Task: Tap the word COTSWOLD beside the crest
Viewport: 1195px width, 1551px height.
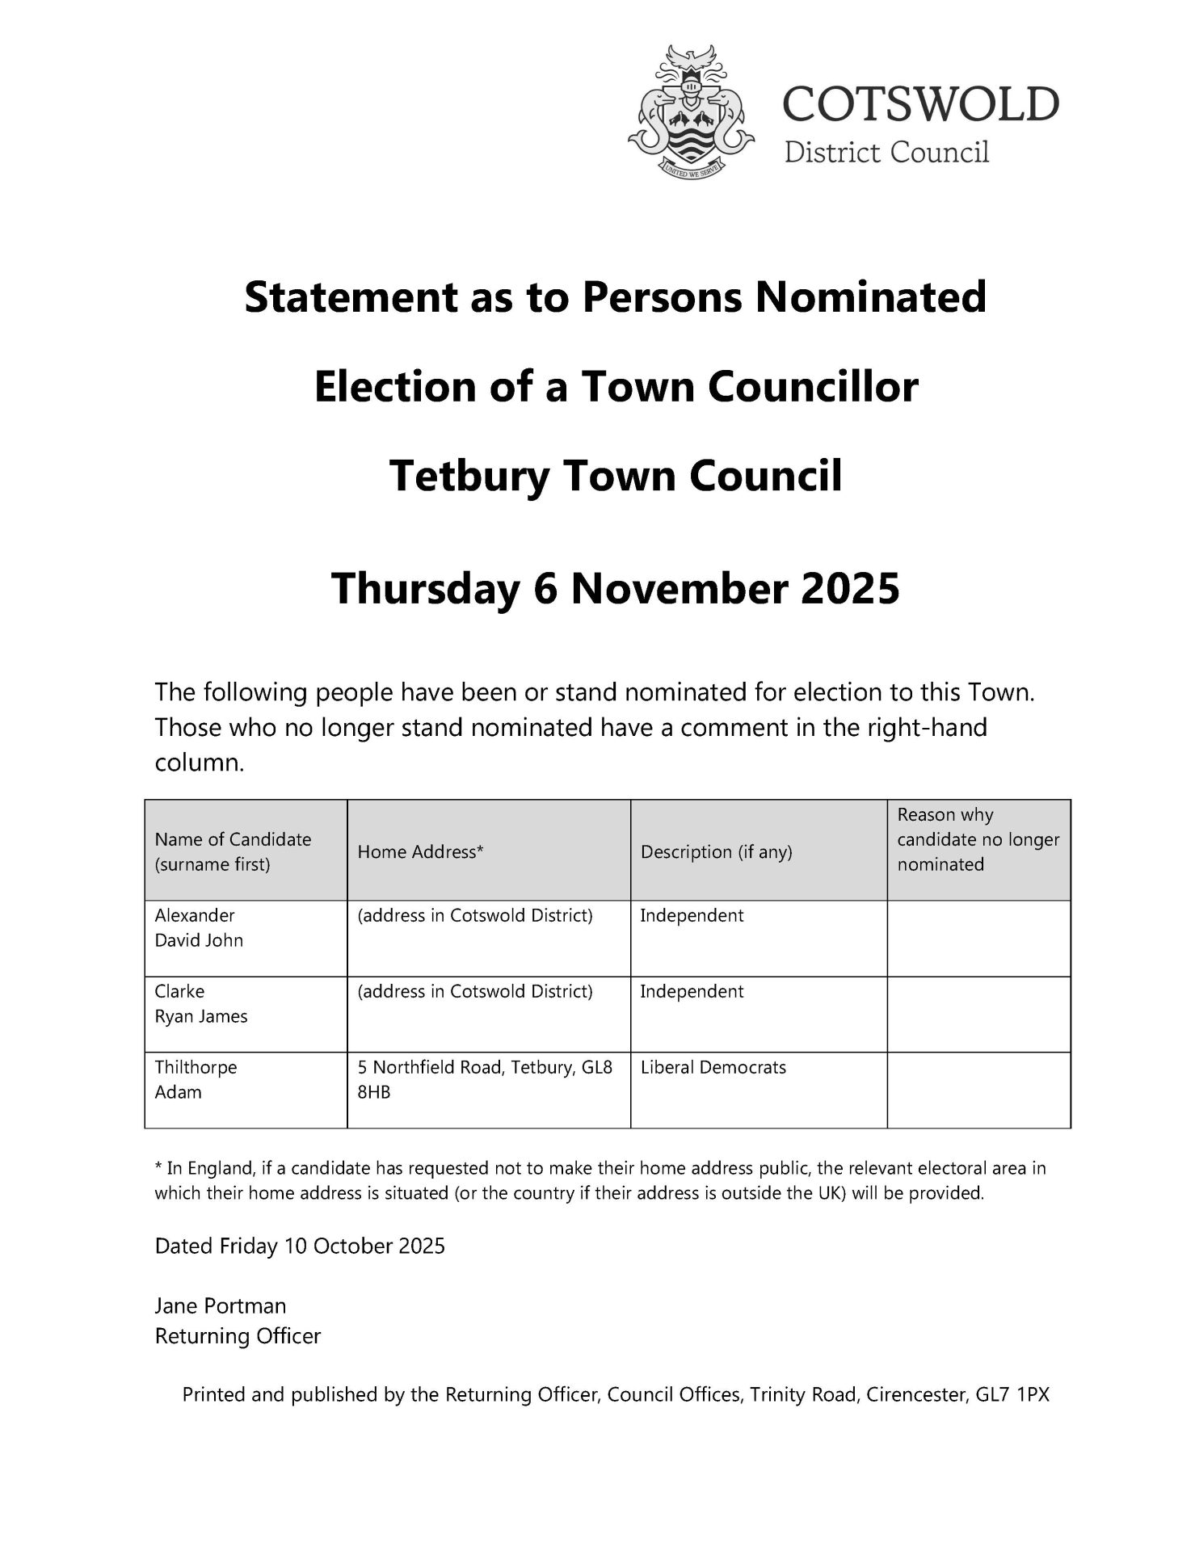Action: pyautogui.click(x=920, y=104)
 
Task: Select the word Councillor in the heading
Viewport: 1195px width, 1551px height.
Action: pyautogui.click(x=813, y=386)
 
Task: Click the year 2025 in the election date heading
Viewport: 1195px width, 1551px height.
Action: pyautogui.click(x=850, y=588)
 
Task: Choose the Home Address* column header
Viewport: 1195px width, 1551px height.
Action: pyautogui.click(x=420, y=851)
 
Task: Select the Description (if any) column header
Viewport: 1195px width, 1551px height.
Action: pyautogui.click(x=716, y=851)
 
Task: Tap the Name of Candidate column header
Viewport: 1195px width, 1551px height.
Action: pyautogui.click(x=233, y=851)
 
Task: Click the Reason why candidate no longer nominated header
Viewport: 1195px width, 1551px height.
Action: pyautogui.click(x=978, y=839)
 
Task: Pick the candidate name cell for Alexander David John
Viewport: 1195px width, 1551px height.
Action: pyautogui.click(x=199, y=927)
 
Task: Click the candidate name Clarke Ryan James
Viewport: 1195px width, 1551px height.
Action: pyautogui.click(x=200, y=1003)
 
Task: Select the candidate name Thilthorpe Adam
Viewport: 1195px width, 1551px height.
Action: pyautogui.click(x=196, y=1079)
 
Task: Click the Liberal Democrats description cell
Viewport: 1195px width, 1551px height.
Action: pyautogui.click(x=713, y=1067)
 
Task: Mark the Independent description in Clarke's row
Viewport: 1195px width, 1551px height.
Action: pyautogui.click(x=692, y=991)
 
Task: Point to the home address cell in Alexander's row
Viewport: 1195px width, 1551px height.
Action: pyautogui.click(x=475, y=915)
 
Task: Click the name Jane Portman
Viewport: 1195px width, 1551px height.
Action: pyautogui.click(x=221, y=1306)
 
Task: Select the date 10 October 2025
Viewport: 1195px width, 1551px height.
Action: pyautogui.click(x=364, y=1246)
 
